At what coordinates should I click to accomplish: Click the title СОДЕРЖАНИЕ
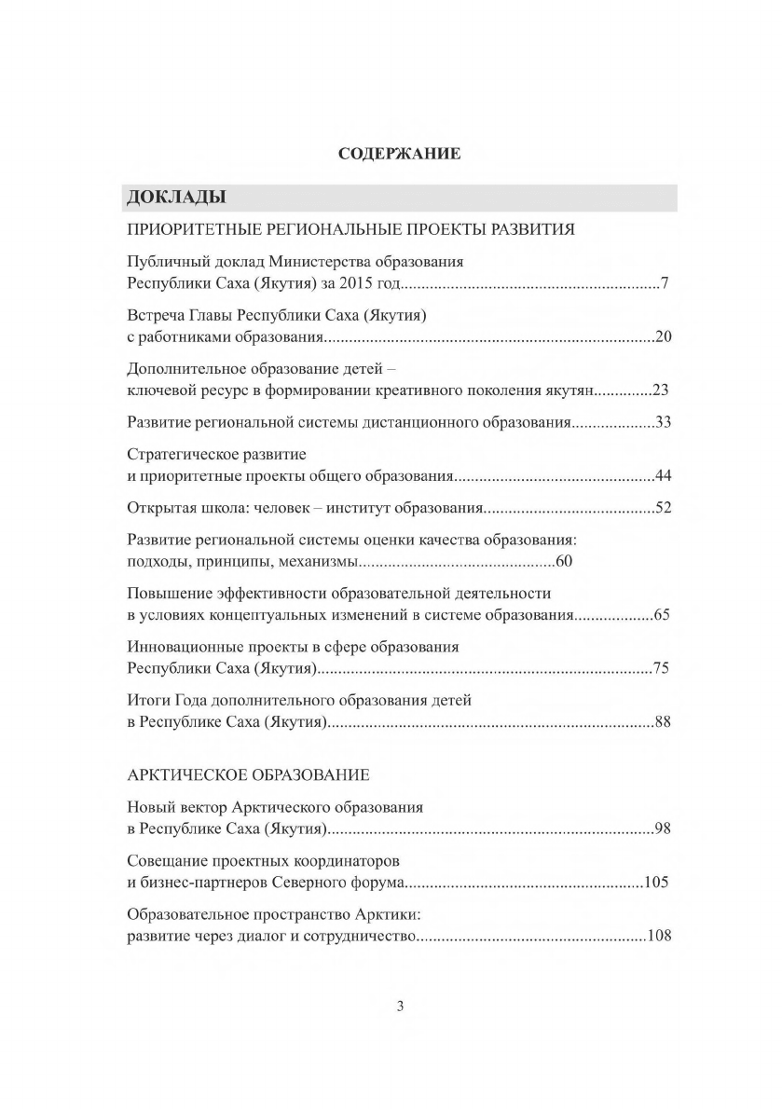point(399,154)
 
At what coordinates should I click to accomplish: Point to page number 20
point(663,336)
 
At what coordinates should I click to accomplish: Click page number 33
point(663,422)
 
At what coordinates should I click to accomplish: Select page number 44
point(663,476)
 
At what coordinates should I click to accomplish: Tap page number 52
point(663,508)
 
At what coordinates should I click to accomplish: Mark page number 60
point(562,562)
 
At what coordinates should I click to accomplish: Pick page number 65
point(662,615)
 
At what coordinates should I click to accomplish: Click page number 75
point(662,668)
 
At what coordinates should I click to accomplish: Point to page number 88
point(663,721)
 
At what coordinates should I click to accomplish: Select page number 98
point(663,828)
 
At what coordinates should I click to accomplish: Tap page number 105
point(656,882)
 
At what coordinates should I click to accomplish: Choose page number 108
point(659,935)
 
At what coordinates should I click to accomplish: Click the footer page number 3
point(401,1006)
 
